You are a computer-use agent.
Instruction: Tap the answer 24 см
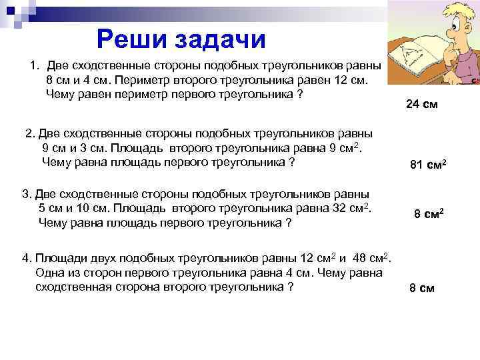pos(422,104)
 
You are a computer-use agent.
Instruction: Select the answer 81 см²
pos(427,165)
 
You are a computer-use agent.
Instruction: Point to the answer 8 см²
pos(429,214)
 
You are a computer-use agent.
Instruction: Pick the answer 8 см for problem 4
pos(421,288)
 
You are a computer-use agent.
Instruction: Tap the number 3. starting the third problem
pos(27,194)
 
